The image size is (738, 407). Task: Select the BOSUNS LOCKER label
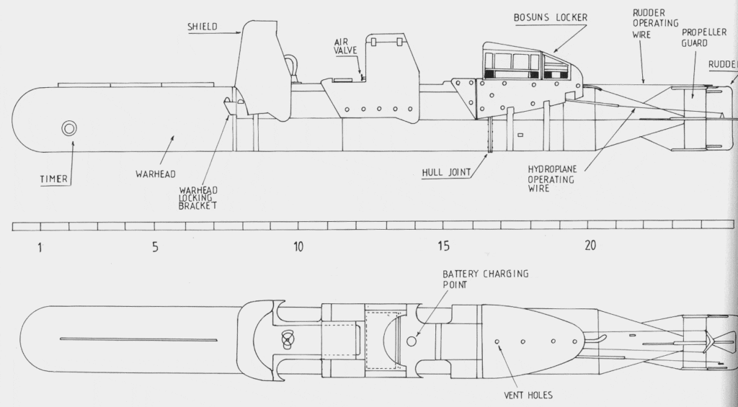[x=548, y=17]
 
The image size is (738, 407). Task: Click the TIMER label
[x=54, y=178]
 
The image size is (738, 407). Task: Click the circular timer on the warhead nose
[x=70, y=128]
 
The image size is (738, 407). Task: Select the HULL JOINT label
[x=447, y=172]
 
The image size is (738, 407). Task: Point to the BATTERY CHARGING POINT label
[x=485, y=279]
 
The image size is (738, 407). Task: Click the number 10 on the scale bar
[x=298, y=247]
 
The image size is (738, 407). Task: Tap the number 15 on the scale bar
[x=443, y=246]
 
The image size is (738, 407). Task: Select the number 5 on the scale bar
[x=155, y=247]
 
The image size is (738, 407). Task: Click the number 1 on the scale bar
[x=40, y=247]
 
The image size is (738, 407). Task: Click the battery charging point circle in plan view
[x=412, y=339]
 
